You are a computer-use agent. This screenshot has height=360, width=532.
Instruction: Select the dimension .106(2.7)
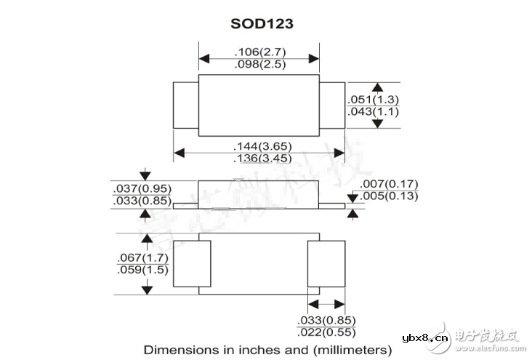(x=259, y=52)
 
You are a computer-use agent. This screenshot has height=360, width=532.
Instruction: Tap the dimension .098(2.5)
(x=259, y=64)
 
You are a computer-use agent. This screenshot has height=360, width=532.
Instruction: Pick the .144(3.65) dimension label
(x=259, y=146)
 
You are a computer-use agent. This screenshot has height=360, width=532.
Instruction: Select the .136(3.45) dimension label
(x=259, y=159)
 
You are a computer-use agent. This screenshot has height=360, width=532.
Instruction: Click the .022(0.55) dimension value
(x=326, y=332)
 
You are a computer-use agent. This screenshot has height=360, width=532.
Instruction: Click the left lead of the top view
(x=185, y=106)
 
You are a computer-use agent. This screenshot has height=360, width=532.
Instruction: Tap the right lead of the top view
(x=332, y=106)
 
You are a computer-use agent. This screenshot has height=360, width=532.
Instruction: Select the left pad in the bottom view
(x=196, y=264)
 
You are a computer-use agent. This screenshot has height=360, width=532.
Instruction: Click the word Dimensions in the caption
(x=176, y=349)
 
